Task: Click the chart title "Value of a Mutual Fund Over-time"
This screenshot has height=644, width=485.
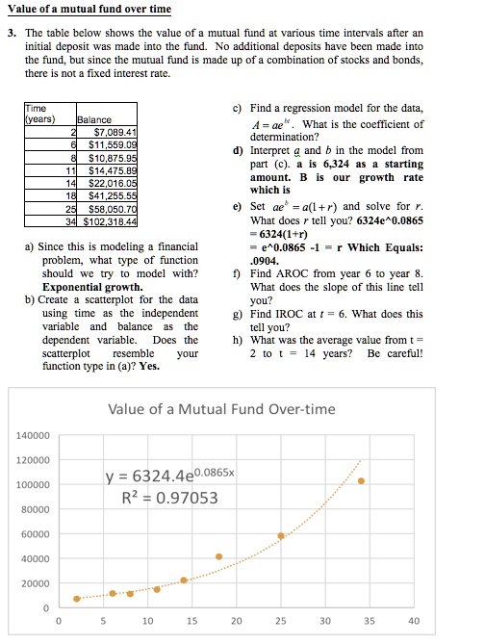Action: [222, 408]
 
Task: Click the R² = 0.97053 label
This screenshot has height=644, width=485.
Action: [169, 498]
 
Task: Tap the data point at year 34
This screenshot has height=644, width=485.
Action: [361, 480]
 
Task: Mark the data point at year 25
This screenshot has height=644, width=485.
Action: [281, 535]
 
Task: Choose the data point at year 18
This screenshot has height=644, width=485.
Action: [218, 556]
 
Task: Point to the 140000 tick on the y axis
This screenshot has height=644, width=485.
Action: [33, 435]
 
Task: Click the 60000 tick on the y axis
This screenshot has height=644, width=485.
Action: [37, 534]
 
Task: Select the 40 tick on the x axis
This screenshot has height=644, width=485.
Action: [414, 621]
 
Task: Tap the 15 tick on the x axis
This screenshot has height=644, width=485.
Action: [191, 621]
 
